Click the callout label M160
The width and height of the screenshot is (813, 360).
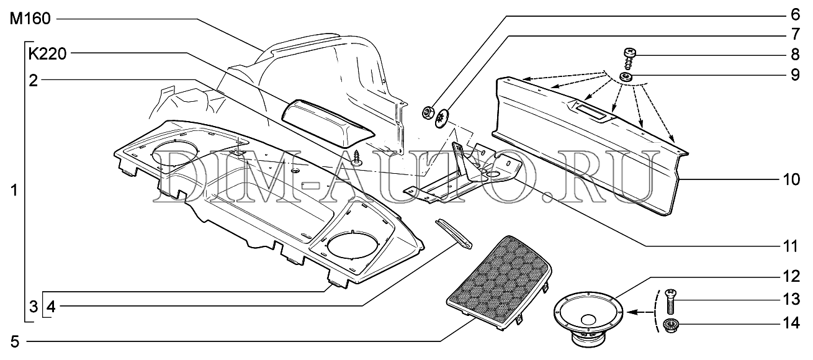click(x=30, y=19)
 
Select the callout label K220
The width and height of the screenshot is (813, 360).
click(x=48, y=54)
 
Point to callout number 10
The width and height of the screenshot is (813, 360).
click(x=791, y=179)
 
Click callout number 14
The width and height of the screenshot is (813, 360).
click(x=791, y=323)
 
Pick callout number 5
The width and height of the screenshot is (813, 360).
click(x=14, y=342)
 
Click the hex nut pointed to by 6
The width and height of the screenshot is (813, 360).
click(x=427, y=112)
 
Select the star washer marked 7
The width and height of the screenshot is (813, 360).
click(x=442, y=118)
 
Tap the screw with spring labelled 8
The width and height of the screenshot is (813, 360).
click(x=630, y=59)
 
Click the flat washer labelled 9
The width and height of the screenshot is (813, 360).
click(x=626, y=76)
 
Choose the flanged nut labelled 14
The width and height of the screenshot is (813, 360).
click(x=671, y=325)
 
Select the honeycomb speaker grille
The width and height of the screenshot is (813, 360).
click(x=500, y=282)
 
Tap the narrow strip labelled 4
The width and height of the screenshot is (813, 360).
click(x=454, y=234)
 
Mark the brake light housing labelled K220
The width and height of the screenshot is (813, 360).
click(x=328, y=124)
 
